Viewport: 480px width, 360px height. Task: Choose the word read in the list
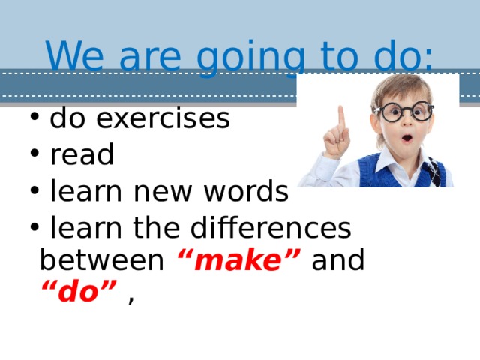click(x=82, y=155)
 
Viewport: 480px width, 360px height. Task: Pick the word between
click(x=101, y=261)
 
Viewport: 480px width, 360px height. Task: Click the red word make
click(x=238, y=261)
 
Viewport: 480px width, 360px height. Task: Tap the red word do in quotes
click(x=78, y=293)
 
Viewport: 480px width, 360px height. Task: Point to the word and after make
click(x=337, y=261)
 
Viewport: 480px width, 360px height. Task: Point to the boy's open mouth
click(x=406, y=139)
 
